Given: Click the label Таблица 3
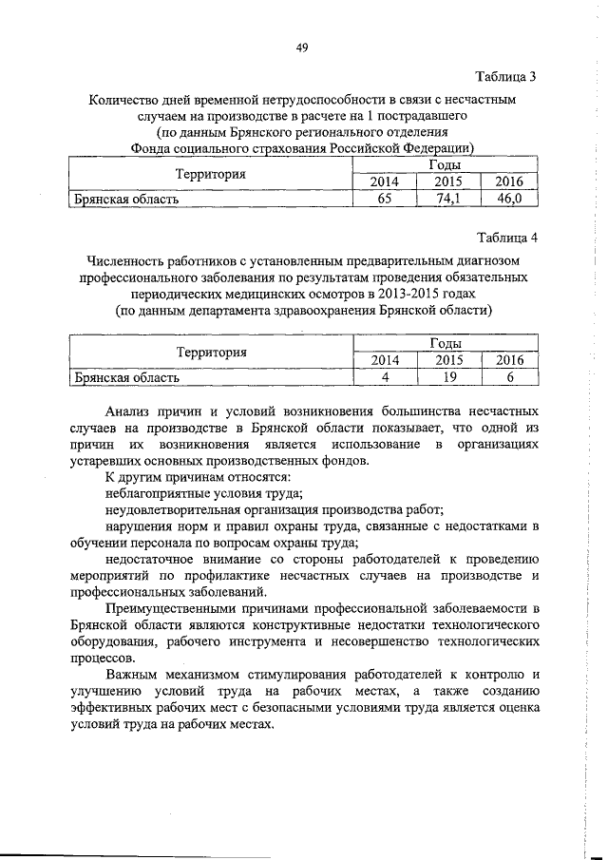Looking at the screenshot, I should pyautogui.click(x=505, y=76).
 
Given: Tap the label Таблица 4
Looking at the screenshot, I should pyautogui.click(x=505, y=237).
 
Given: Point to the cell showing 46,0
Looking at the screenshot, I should pyautogui.click(x=510, y=199).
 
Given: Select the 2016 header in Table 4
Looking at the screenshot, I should pyautogui.click(x=510, y=360).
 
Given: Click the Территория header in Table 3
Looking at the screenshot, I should pyautogui.click(x=211, y=174).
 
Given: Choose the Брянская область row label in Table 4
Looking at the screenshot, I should pyautogui.click(x=128, y=377).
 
